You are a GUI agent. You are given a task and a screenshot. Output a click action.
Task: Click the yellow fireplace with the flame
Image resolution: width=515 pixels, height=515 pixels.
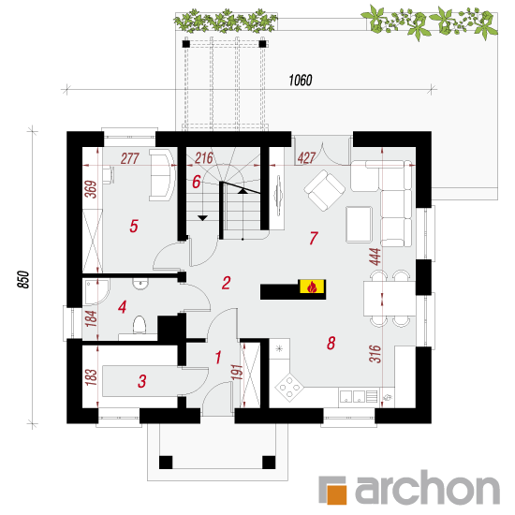312,287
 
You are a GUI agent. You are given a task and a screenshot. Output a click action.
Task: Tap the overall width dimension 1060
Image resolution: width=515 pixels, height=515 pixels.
301,81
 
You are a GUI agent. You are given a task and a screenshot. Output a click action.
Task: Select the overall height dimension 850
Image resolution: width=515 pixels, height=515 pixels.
23,280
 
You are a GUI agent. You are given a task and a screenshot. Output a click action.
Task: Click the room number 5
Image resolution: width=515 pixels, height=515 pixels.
134,226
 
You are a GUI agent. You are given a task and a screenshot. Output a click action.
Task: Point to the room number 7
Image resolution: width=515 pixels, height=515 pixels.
314,238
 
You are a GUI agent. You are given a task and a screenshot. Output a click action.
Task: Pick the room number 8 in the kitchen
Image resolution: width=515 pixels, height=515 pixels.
331,343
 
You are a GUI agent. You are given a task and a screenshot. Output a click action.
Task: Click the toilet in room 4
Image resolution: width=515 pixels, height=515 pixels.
140,325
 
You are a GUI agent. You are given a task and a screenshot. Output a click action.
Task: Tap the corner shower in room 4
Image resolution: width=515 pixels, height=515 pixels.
96,291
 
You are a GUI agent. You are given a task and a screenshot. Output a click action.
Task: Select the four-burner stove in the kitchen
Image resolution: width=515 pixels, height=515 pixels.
289,387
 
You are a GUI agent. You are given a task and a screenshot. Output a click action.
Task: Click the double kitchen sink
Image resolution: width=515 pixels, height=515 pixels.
352,396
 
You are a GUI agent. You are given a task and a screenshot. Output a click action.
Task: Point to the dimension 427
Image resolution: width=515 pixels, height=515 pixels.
306,158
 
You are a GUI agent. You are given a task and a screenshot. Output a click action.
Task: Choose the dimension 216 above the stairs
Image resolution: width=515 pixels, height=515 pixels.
204,158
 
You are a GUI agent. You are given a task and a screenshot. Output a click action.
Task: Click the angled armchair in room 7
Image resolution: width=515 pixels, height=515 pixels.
325,190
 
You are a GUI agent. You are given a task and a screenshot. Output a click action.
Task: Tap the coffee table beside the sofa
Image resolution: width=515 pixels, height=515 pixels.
359,225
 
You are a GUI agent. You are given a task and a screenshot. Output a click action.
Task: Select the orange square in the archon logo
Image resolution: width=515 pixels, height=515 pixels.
335,494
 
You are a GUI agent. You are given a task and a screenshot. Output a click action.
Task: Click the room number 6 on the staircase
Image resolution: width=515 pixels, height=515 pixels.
197,182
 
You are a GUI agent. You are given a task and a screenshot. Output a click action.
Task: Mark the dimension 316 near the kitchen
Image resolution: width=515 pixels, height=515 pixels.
375,353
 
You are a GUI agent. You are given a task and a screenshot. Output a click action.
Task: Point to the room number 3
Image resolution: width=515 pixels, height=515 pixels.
142,381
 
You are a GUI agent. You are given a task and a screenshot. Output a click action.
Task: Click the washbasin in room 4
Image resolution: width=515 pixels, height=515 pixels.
140,284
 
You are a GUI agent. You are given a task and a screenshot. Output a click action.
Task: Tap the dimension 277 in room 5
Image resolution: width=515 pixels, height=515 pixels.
130,158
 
